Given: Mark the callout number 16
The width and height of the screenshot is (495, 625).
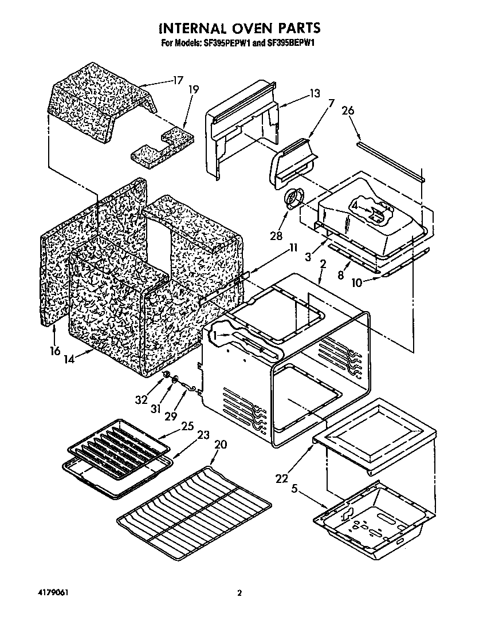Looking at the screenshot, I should pyautogui.click(x=55, y=351).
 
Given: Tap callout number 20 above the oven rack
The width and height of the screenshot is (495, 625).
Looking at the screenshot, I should pyautogui.click(x=221, y=445).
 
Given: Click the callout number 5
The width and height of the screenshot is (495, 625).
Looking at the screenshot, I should pyautogui.click(x=295, y=490).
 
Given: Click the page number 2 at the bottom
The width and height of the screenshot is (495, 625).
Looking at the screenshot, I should pyautogui.click(x=241, y=593).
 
